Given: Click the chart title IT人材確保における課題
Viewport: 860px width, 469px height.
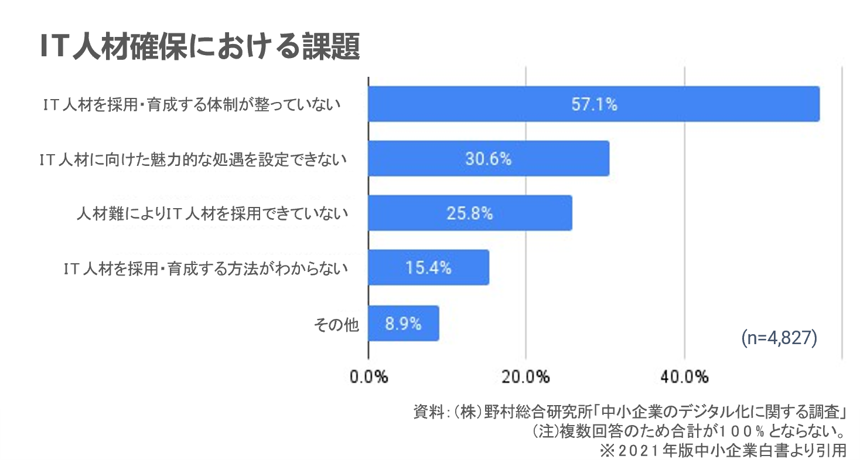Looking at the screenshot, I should coord(199,47).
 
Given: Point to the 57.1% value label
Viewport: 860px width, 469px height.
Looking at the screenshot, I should coord(594,105).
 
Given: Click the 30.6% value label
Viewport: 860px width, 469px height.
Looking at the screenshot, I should coord(488,159).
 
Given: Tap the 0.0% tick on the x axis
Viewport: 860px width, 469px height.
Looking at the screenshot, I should coord(369,377).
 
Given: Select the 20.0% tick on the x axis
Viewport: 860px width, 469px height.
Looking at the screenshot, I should coord(526,377).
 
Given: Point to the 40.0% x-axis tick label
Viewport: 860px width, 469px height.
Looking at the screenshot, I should coord(684,377).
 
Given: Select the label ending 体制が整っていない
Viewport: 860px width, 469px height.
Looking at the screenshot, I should coord(192,106).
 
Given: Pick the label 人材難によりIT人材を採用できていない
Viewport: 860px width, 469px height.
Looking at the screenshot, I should coord(212,214).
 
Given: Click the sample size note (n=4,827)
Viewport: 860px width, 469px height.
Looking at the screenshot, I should coord(779,338).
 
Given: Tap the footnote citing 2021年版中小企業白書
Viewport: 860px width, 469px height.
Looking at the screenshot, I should coord(722,451).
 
